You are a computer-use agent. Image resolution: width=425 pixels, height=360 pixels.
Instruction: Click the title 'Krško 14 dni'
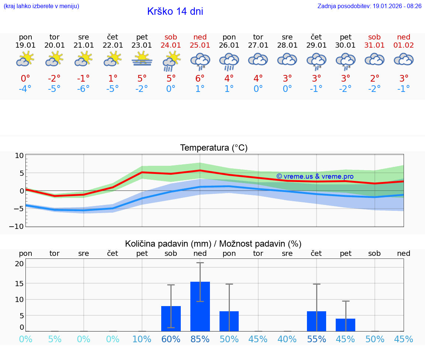tap(175, 11)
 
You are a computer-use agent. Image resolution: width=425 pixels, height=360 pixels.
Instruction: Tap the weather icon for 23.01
tap(142, 59)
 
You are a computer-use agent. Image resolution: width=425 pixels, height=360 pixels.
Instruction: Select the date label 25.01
tap(200, 45)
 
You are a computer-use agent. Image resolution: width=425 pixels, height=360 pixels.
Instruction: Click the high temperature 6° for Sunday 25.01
tap(200, 78)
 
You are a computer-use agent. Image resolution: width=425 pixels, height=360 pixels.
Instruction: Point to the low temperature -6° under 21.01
tap(84, 89)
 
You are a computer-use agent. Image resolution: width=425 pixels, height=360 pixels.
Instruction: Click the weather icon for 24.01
tap(171, 61)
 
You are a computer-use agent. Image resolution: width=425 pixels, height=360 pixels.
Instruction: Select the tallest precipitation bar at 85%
tap(200, 306)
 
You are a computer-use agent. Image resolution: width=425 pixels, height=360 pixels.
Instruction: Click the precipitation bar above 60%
tap(171, 319)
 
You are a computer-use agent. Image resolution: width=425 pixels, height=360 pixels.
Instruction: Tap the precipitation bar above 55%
tap(317, 321)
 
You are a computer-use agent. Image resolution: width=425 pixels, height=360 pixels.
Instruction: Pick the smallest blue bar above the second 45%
tap(345, 325)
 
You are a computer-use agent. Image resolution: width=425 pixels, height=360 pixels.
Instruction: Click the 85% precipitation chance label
tap(200, 339)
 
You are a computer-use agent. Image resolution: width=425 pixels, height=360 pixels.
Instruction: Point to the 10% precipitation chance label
tap(142, 339)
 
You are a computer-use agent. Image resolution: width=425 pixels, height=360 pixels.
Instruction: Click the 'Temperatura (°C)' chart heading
tap(214, 148)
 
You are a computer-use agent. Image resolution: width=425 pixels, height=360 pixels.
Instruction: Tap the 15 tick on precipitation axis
tap(19, 284)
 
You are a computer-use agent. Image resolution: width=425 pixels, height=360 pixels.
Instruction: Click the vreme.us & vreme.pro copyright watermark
tap(315, 176)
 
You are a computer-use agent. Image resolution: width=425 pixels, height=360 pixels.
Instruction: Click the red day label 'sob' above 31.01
tap(374, 37)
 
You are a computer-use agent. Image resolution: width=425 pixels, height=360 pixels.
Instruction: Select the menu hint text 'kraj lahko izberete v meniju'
tap(41, 6)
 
